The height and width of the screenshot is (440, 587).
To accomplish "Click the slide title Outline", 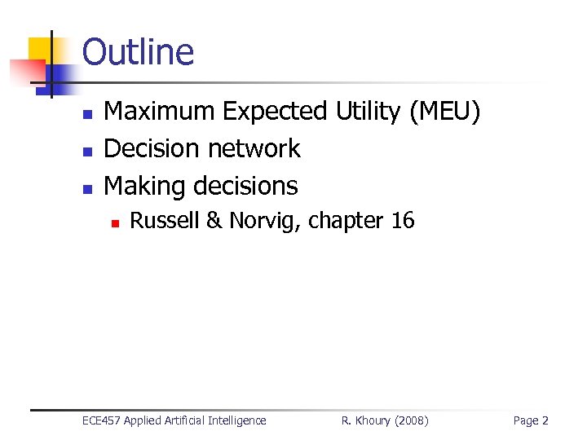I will (139, 52).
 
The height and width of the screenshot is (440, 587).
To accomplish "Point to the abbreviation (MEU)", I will (445, 111).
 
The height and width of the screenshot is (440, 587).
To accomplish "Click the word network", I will (254, 148).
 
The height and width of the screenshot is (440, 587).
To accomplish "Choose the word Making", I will (143, 186).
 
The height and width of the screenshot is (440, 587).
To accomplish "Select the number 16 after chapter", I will (402, 220).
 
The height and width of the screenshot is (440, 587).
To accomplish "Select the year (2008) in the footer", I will (410, 420).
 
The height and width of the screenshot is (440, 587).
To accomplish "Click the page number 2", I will (545, 420).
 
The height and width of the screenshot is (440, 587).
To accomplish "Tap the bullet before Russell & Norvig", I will (117, 222).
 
